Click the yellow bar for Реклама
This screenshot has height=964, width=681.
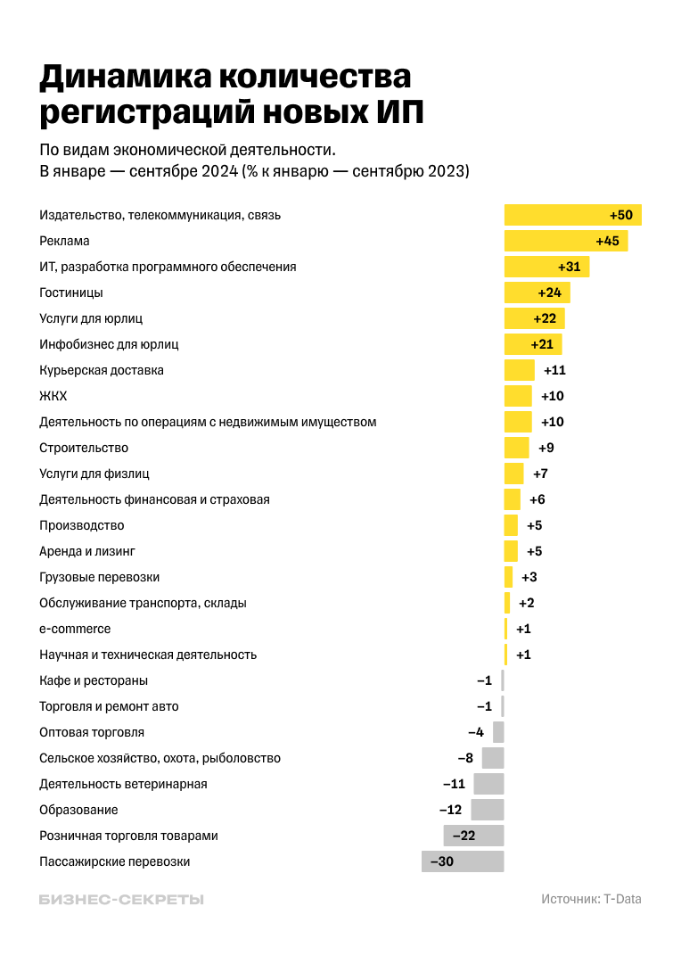click(565, 241)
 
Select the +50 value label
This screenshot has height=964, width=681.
click(621, 215)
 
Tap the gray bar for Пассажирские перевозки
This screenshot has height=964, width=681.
click(463, 861)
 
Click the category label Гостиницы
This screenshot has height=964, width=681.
click(71, 292)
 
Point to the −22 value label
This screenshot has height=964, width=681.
click(463, 836)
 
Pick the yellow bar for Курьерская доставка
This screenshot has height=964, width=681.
click(520, 370)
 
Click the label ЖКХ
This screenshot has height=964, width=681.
click(53, 396)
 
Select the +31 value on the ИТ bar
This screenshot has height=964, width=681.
click(569, 267)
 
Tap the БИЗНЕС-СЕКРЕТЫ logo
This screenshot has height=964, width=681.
click(121, 900)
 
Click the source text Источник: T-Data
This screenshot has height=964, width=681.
click(591, 899)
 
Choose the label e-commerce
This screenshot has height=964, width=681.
click(75, 629)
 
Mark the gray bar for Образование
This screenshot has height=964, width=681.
click(488, 810)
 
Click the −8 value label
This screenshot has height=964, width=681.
click(465, 758)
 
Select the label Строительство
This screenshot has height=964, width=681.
click(84, 448)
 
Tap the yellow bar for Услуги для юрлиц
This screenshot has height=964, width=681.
click(534, 318)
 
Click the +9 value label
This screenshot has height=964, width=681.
click(546, 448)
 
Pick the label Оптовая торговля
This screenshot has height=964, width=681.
click(92, 732)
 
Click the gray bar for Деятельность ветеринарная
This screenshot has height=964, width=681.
click(488, 784)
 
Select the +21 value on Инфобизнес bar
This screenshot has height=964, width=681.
click(542, 344)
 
